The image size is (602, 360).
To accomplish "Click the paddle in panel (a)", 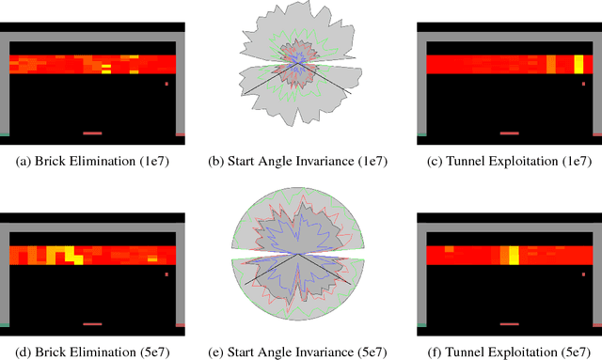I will click(x=92, y=133).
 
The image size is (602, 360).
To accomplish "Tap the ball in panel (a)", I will click(x=166, y=85).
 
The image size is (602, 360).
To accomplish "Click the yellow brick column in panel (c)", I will click(x=578, y=64).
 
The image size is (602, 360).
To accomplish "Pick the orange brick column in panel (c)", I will click(x=551, y=64).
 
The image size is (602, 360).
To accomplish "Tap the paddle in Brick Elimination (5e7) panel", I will click(x=92, y=323).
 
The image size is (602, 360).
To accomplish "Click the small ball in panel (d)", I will click(x=166, y=274).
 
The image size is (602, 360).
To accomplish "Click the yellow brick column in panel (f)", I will click(x=513, y=254).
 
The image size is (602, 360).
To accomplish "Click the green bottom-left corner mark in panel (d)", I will click(x=4, y=324).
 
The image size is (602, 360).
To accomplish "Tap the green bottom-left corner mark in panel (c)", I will click(x=420, y=134).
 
